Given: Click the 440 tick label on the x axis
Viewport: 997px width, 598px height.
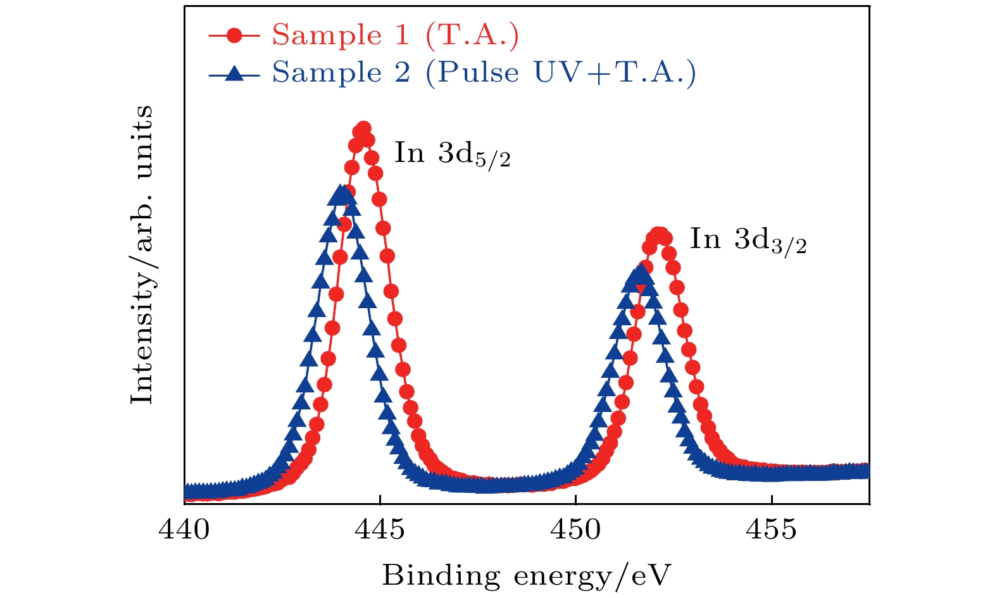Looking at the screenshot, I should coord(184,530).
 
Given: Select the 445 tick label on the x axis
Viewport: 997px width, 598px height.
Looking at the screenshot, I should coord(380,530).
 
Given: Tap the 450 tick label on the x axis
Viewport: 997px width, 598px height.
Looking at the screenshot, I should coord(576,530).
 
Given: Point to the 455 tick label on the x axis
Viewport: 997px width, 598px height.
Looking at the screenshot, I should coord(772,530).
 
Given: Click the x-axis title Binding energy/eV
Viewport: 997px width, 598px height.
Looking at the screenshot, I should coord(526,576).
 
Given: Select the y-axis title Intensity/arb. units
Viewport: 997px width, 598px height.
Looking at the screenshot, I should coord(142,254).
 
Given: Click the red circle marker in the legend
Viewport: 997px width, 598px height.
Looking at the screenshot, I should coord(234,35).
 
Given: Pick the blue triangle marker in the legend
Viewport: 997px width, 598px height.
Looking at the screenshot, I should coord(234,73).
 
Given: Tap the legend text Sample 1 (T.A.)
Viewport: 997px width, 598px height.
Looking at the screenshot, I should coord(396,35).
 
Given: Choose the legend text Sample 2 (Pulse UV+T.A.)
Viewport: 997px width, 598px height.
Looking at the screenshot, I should coord(484,73).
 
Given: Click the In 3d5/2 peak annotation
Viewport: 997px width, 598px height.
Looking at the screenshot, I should coord(452,154).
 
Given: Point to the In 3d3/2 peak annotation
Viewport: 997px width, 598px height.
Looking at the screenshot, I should coord(748,240).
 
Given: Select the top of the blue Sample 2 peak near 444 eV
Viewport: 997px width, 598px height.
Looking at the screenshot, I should coord(341,192).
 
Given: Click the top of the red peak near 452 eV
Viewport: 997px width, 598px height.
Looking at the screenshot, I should coord(659,234).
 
